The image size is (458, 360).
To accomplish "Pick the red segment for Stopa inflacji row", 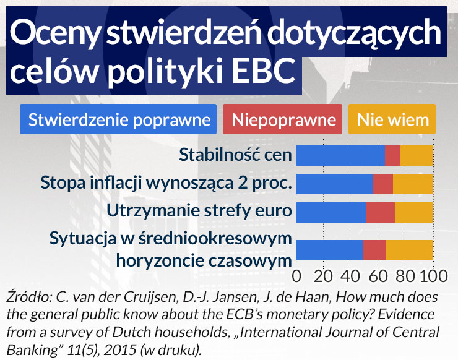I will click(383, 184).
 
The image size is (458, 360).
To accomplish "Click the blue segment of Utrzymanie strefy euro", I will click(331, 212).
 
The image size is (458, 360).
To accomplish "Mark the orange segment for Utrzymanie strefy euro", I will click(414, 212).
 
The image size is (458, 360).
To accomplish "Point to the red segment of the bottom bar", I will click(374, 249).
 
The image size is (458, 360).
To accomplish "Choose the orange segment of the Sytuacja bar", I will click(410, 249).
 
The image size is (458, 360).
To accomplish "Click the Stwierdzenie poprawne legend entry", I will click(118, 119).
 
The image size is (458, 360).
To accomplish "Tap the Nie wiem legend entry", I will click(392, 119).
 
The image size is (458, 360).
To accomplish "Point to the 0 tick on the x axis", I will click(296, 275).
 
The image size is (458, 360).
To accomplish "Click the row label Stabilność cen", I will click(235, 155).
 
